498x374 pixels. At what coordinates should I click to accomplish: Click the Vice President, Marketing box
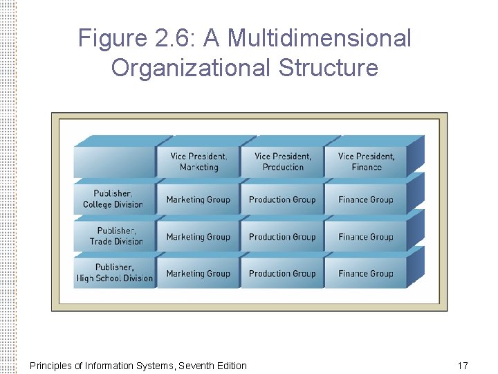click(x=199, y=162)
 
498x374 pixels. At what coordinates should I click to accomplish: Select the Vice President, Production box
click(x=283, y=162)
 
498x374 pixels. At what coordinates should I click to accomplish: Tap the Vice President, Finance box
click(x=366, y=162)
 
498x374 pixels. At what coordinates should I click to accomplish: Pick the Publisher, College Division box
click(x=113, y=199)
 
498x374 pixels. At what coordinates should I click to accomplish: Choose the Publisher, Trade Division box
click(x=116, y=236)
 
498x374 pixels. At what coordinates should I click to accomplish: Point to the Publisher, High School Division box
click(x=114, y=273)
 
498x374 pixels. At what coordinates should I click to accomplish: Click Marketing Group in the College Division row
click(x=199, y=199)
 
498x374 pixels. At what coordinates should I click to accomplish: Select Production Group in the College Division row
click(x=282, y=199)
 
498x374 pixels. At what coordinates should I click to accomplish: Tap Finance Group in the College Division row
click(x=366, y=199)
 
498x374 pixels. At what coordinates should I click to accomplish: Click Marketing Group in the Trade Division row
click(x=199, y=237)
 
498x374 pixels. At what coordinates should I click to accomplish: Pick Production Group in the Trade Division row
click(x=282, y=237)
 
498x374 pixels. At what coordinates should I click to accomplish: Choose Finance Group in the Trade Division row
click(x=366, y=237)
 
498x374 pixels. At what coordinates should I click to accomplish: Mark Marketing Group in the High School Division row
click(x=199, y=274)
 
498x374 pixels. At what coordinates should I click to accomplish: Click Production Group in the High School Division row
click(x=282, y=274)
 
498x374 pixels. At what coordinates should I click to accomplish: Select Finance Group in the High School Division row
click(x=366, y=274)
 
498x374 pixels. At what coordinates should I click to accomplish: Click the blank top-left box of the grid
click(x=115, y=162)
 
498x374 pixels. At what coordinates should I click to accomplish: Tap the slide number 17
click(x=463, y=365)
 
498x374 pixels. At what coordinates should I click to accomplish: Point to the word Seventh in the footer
click(x=196, y=365)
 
